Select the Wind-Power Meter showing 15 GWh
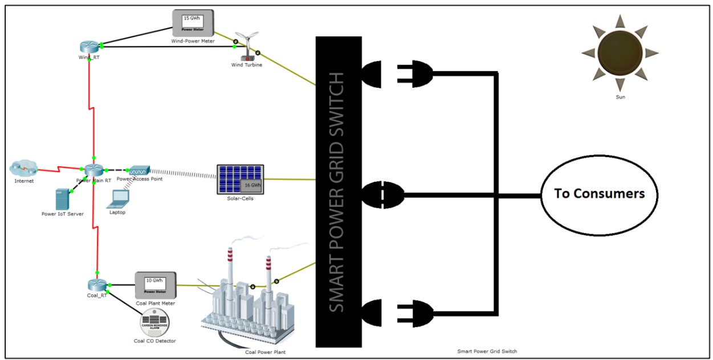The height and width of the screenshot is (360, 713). pyautogui.click(x=193, y=23)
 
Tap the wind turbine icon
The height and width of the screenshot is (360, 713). pyautogui.click(x=247, y=45)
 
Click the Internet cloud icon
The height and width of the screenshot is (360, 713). pyautogui.click(x=23, y=168)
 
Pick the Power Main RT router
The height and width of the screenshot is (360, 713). pyautogui.click(x=93, y=170)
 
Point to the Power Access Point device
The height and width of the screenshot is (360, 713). pyautogui.click(x=139, y=170)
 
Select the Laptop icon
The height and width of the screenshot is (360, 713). pyautogui.click(x=119, y=198)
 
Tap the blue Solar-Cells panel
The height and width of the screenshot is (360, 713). pyautogui.click(x=240, y=179)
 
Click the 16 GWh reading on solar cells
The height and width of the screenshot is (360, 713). pyautogui.click(x=251, y=185)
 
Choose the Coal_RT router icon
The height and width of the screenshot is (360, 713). pyautogui.click(x=95, y=284)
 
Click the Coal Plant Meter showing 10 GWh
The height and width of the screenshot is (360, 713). pyautogui.click(x=155, y=285)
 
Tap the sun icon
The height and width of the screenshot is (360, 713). pyautogui.click(x=620, y=53)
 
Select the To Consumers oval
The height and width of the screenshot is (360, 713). pyautogui.click(x=599, y=194)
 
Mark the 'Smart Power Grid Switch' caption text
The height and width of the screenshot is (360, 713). pyautogui.click(x=487, y=351)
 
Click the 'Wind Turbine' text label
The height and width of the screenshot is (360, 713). pyautogui.click(x=247, y=65)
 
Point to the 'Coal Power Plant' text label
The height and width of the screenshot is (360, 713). pyautogui.click(x=265, y=352)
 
